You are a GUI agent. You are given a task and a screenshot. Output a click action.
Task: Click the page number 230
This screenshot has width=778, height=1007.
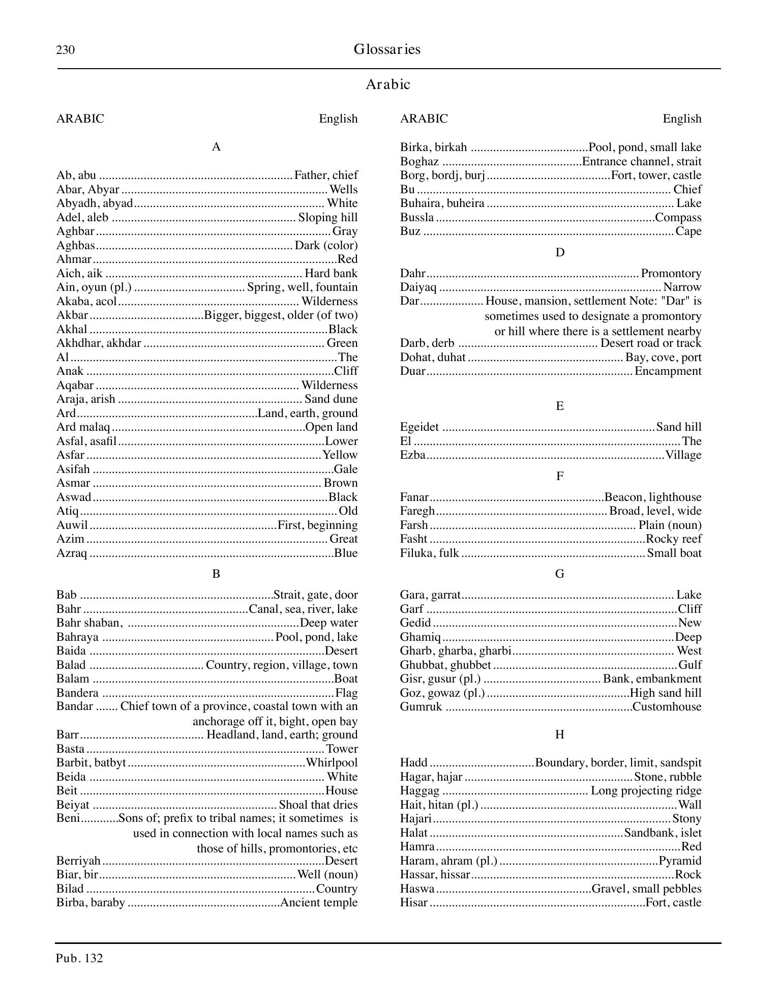click(66, 50)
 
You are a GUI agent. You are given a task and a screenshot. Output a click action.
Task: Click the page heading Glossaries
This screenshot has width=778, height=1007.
click(387, 49)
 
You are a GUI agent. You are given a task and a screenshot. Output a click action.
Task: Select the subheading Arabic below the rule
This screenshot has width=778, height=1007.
click(387, 84)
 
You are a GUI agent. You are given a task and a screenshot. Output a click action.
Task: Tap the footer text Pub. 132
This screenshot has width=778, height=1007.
click(80, 959)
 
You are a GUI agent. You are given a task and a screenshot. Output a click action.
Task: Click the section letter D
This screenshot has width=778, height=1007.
click(559, 253)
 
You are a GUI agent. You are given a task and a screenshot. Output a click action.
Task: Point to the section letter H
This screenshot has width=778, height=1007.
click(559, 734)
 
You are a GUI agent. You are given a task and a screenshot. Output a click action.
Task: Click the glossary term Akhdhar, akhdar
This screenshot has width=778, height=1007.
click(99, 343)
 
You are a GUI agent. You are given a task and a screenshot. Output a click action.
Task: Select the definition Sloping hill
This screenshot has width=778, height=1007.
click(328, 218)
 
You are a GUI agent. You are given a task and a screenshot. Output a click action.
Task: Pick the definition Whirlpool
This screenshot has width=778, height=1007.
click(332, 763)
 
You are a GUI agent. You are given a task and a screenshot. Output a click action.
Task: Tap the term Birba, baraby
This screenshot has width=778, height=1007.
click(91, 903)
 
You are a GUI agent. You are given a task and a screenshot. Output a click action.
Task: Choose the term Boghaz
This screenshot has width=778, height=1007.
click(419, 162)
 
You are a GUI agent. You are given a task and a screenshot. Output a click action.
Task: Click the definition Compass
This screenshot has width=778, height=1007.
click(678, 218)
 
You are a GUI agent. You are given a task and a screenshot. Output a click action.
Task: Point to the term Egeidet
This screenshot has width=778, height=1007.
click(419, 427)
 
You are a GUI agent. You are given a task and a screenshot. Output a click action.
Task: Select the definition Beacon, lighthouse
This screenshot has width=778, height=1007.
click(652, 497)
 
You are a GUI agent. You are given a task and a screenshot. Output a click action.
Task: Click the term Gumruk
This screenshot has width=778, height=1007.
click(421, 707)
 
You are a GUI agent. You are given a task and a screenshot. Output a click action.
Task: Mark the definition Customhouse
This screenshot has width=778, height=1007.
click(667, 707)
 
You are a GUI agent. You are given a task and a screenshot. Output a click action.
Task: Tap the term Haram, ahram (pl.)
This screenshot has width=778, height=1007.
click(448, 861)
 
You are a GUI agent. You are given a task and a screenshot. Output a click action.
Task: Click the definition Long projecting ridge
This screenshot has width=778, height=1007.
click(646, 791)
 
